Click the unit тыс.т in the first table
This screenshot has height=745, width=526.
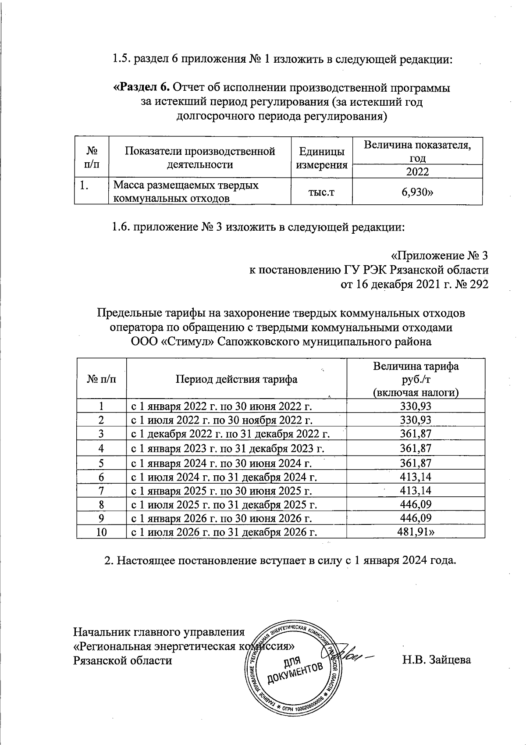tap(322, 192)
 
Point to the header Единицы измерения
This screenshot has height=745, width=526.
tap(322, 158)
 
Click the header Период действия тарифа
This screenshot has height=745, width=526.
tap(236, 379)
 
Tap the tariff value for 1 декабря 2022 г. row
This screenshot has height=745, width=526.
tap(416, 434)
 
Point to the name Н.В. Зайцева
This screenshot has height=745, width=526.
tap(437, 660)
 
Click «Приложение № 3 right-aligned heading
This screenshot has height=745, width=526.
tap(439, 256)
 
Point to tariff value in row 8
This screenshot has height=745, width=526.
tap(416, 504)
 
